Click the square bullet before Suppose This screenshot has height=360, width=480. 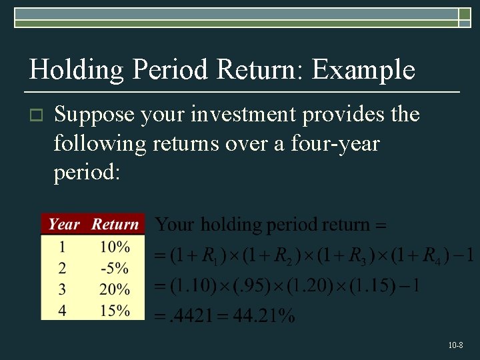pyautogui.click(x=37, y=116)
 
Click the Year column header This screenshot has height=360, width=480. pyautogui.click(x=64, y=225)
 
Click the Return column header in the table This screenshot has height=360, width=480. pyautogui.click(x=115, y=225)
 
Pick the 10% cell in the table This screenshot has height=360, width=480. pyautogui.click(x=115, y=247)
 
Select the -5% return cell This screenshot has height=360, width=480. pyautogui.click(x=114, y=269)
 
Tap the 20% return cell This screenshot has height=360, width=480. pyautogui.click(x=115, y=290)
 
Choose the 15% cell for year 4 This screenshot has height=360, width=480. pyautogui.click(x=115, y=311)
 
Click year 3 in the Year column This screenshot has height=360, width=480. pyautogui.click(x=62, y=290)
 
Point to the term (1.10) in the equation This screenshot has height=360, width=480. pyautogui.click(x=193, y=287)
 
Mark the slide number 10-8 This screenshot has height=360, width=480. pyautogui.click(x=456, y=345)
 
